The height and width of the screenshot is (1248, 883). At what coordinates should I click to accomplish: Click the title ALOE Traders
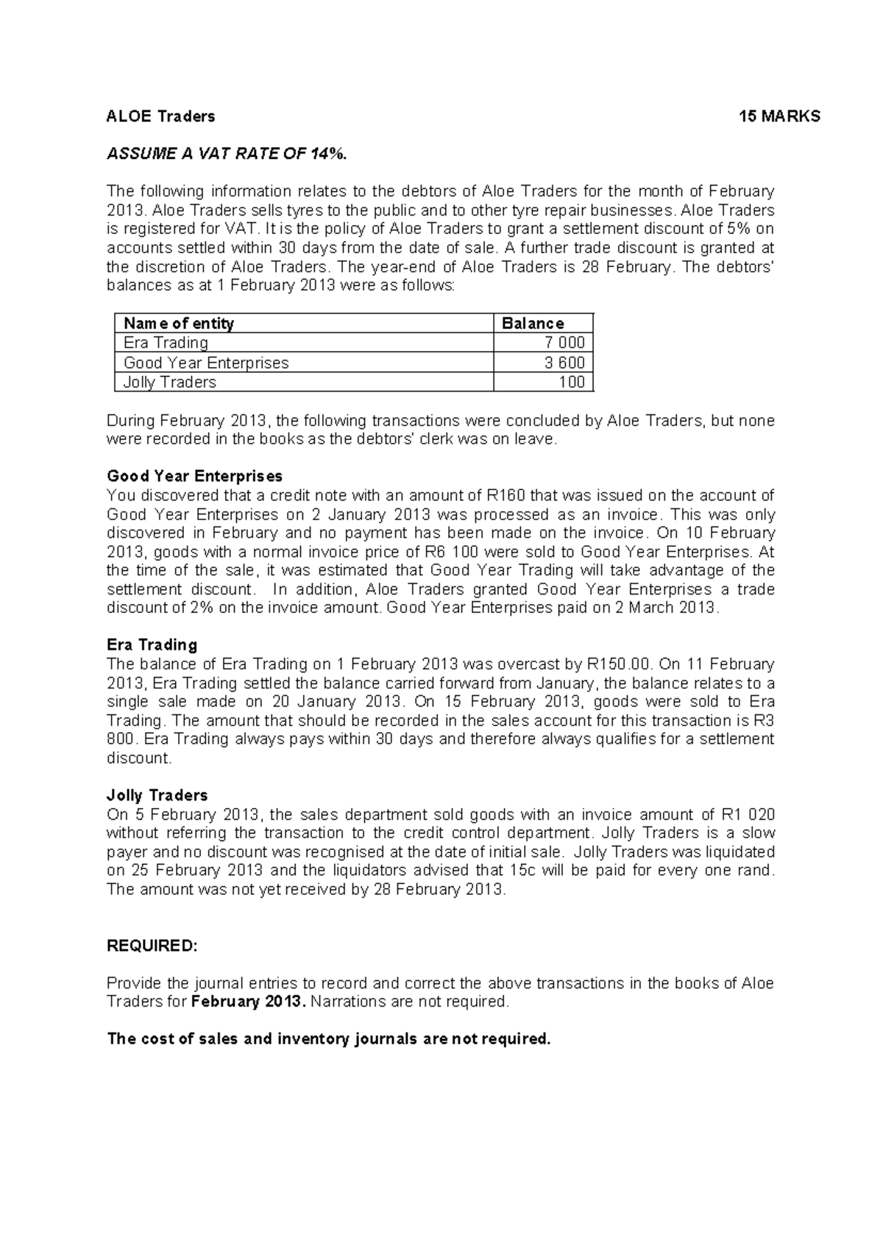(x=160, y=116)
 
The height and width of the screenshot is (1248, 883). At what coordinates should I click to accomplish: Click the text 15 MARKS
(x=779, y=116)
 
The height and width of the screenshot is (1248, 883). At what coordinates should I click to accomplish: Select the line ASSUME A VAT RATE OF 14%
(x=225, y=154)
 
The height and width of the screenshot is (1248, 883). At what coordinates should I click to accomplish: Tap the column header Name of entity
(x=179, y=323)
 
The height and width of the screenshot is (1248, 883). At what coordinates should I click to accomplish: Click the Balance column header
(x=533, y=323)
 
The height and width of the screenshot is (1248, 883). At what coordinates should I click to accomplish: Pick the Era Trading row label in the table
(x=166, y=343)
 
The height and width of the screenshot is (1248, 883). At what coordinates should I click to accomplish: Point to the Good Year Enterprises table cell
(x=206, y=363)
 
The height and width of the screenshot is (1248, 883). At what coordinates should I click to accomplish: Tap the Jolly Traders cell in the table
(x=169, y=382)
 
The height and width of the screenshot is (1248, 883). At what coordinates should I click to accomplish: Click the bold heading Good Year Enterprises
(x=194, y=476)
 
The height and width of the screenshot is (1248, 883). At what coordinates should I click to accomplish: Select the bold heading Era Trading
(x=152, y=645)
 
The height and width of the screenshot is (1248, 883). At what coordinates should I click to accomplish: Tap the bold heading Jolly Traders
(x=157, y=795)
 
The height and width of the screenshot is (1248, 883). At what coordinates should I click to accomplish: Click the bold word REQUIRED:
(x=152, y=946)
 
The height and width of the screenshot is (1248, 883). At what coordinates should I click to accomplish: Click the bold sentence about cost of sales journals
(x=329, y=1039)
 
